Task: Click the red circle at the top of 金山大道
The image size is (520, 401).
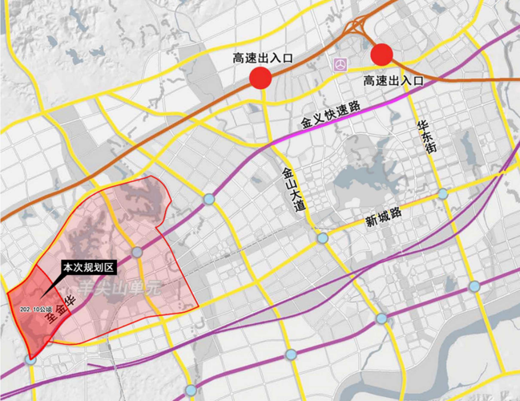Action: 260,78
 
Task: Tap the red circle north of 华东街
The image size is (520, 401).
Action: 382,54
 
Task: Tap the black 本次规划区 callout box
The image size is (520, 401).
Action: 90,265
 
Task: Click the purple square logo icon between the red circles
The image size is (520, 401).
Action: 342,63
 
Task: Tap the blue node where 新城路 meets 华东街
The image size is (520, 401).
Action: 442,194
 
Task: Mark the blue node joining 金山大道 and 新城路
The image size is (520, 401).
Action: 322,238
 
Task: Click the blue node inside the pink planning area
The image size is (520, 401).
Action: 137,253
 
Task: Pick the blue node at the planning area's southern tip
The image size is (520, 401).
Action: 30,361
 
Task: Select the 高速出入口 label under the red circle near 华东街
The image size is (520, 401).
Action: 393,81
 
